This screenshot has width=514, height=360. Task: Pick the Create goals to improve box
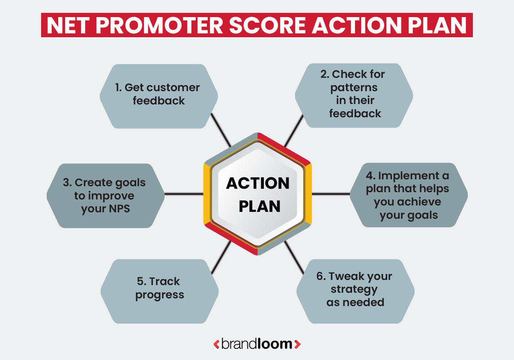(105, 196)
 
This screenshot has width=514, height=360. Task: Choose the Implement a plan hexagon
(408, 195)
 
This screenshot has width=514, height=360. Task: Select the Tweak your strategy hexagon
(355, 289)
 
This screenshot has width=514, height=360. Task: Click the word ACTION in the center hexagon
(258, 183)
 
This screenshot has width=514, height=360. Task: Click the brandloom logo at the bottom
(257, 344)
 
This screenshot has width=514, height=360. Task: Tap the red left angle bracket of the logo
(216, 344)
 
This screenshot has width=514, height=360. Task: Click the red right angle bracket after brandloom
(298, 344)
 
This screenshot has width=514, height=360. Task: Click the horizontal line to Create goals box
(184, 194)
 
